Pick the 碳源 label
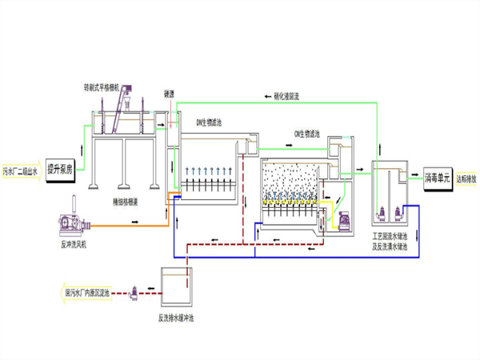point(169,93)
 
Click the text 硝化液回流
point(282,97)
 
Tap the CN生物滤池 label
point(307,134)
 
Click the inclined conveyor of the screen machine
point(123,108)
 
